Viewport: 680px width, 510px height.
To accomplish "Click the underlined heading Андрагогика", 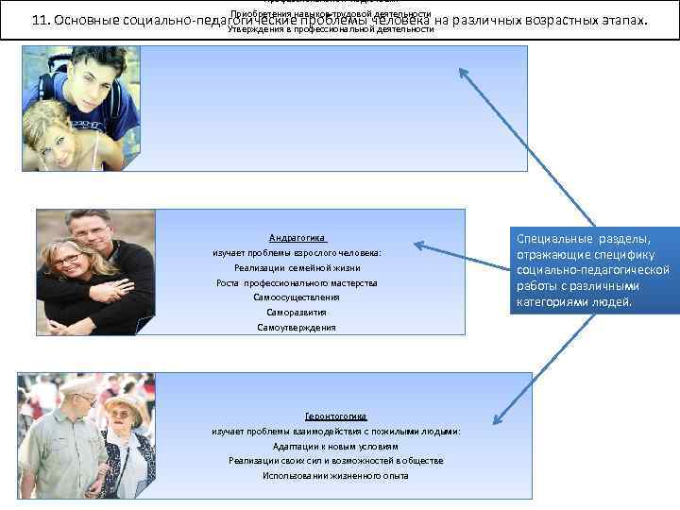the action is click(x=297, y=238).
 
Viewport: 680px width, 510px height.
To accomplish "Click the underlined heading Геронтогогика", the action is click(x=335, y=416).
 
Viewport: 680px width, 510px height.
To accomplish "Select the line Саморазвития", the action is click(x=297, y=313).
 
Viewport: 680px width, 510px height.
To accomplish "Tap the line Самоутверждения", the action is click(x=297, y=328).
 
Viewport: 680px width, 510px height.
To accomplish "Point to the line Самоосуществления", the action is click(x=297, y=297).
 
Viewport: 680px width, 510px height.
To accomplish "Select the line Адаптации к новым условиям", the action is click(x=335, y=446).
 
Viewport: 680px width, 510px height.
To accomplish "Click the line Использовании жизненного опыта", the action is click(x=335, y=476).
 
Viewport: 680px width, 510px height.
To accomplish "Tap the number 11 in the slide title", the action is click(x=39, y=21).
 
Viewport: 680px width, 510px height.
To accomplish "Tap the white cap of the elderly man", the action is click(x=77, y=385).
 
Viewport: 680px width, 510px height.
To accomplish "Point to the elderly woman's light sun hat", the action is click(x=124, y=403).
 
